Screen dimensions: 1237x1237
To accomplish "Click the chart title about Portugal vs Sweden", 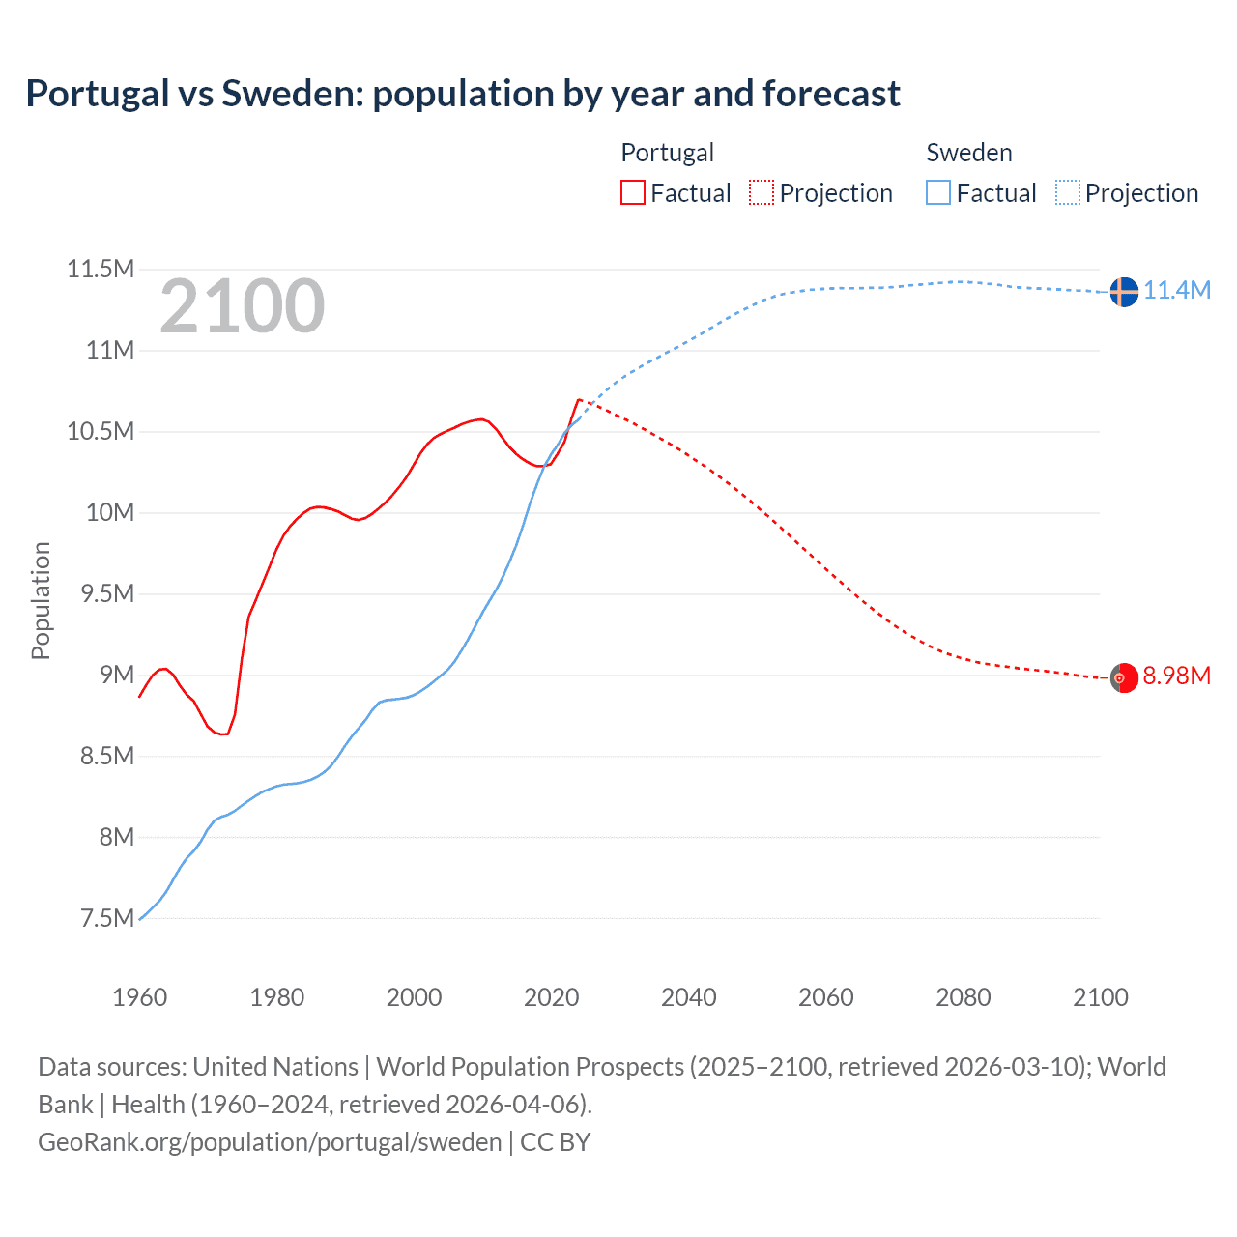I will coord(463,94).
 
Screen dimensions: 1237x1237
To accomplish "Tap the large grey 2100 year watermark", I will coord(243,306).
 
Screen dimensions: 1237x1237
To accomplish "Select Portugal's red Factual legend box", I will coord(633,193).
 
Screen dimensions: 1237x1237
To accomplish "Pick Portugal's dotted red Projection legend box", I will coord(762,193).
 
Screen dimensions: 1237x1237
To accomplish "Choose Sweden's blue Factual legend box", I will coord(938,193).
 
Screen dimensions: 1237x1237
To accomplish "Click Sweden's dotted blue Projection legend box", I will coord(1068,193).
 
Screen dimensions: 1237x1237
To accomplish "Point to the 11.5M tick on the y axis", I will coord(101,269).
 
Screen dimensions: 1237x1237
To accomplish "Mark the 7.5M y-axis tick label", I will coord(107,918).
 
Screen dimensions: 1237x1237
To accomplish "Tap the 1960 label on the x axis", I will coord(140,997).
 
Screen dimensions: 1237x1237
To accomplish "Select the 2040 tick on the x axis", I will coord(689,997).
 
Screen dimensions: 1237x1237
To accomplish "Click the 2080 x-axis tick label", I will coord(964,997).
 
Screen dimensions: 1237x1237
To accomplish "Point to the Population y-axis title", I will coord(41,600).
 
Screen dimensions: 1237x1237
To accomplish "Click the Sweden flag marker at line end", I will coord(1123,291).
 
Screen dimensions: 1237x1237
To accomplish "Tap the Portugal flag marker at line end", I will coord(1123,678).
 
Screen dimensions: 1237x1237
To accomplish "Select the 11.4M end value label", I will coord(1177,290).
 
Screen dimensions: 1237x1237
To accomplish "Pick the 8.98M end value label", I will coord(1177,676).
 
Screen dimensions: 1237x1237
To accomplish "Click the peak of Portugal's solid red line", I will coord(578,399).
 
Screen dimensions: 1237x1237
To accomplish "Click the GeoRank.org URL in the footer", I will coord(270,1142).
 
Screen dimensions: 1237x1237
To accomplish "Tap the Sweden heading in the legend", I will coord(969,153).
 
